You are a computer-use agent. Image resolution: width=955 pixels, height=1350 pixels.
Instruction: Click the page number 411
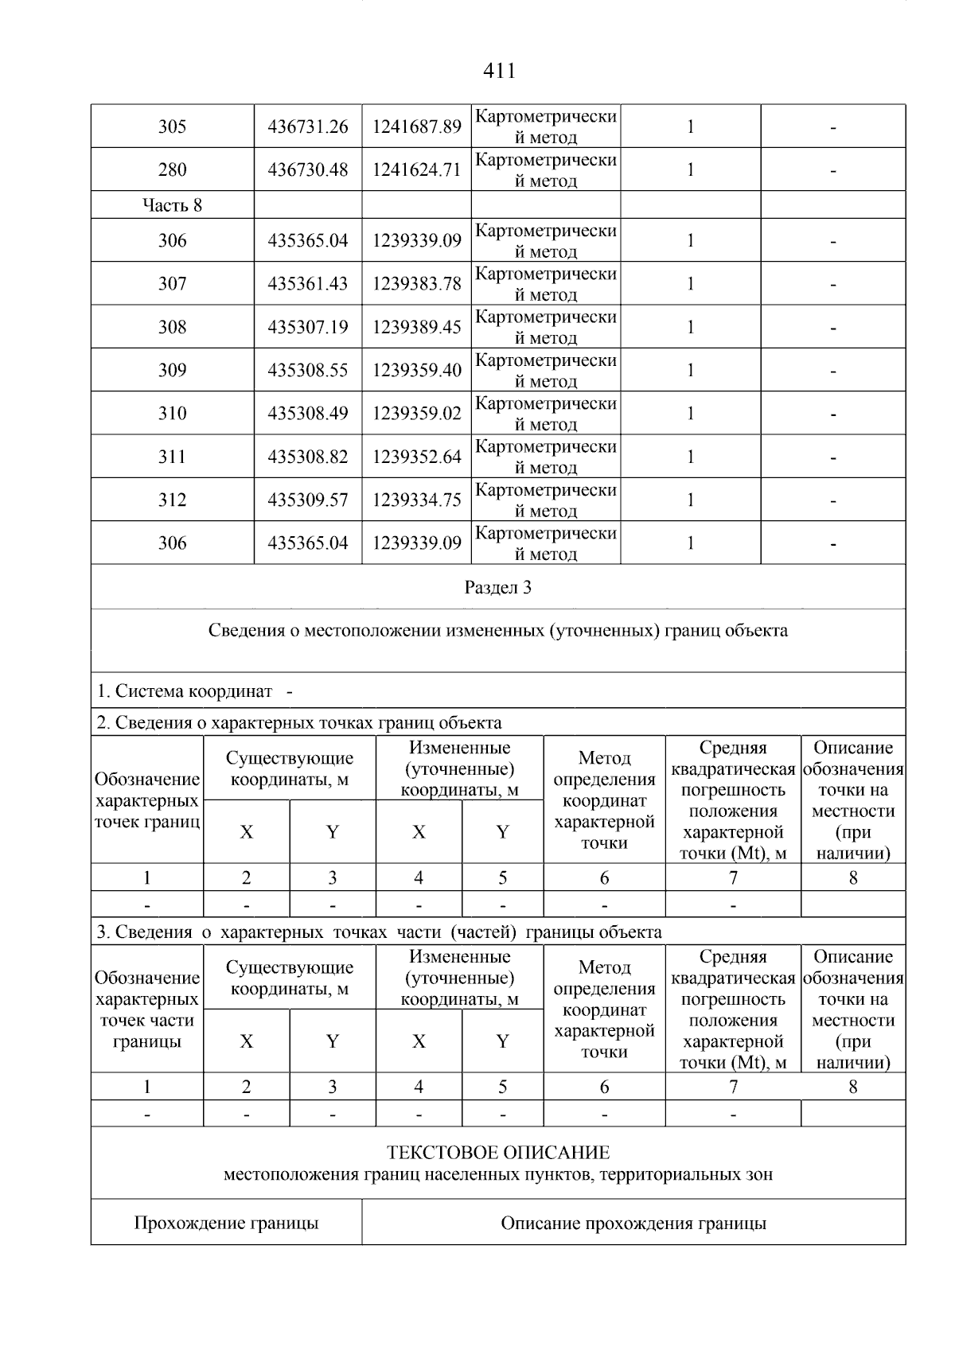click(x=499, y=72)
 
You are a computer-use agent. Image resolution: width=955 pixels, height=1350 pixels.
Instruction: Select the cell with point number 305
click(x=172, y=126)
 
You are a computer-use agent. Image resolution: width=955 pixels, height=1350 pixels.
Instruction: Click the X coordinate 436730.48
click(x=308, y=169)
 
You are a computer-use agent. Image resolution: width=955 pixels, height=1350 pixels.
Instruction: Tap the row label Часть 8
click(x=172, y=205)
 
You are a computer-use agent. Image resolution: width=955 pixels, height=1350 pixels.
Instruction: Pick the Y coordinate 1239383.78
click(x=416, y=284)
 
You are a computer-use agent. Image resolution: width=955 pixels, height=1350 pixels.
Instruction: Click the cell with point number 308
click(x=172, y=327)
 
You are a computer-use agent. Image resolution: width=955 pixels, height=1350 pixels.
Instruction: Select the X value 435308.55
click(x=308, y=370)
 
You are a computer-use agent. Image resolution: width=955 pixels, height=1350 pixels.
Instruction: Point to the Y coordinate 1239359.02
click(x=416, y=414)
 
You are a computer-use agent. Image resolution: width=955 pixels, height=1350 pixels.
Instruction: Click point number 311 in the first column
click(x=172, y=457)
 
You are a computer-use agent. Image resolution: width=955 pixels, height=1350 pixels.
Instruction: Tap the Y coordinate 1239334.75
click(x=416, y=500)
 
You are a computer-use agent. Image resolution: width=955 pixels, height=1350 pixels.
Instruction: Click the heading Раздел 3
click(x=498, y=588)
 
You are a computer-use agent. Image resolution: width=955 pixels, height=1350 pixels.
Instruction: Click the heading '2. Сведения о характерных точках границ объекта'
click(x=299, y=723)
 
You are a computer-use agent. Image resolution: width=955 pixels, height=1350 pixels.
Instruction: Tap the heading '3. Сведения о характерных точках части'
click(x=379, y=932)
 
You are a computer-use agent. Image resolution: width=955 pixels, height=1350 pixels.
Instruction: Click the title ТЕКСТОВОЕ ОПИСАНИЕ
click(x=498, y=1153)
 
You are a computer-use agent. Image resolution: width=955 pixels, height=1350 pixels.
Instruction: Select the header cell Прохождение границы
click(x=226, y=1223)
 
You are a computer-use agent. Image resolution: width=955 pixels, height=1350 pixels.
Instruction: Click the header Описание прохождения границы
click(x=633, y=1223)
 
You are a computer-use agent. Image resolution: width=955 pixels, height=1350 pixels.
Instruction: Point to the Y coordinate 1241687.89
click(x=416, y=126)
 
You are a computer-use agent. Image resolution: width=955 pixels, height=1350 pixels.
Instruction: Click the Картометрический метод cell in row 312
click(x=546, y=500)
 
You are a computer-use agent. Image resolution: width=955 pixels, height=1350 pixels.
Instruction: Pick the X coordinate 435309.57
click(x=308, y=500)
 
